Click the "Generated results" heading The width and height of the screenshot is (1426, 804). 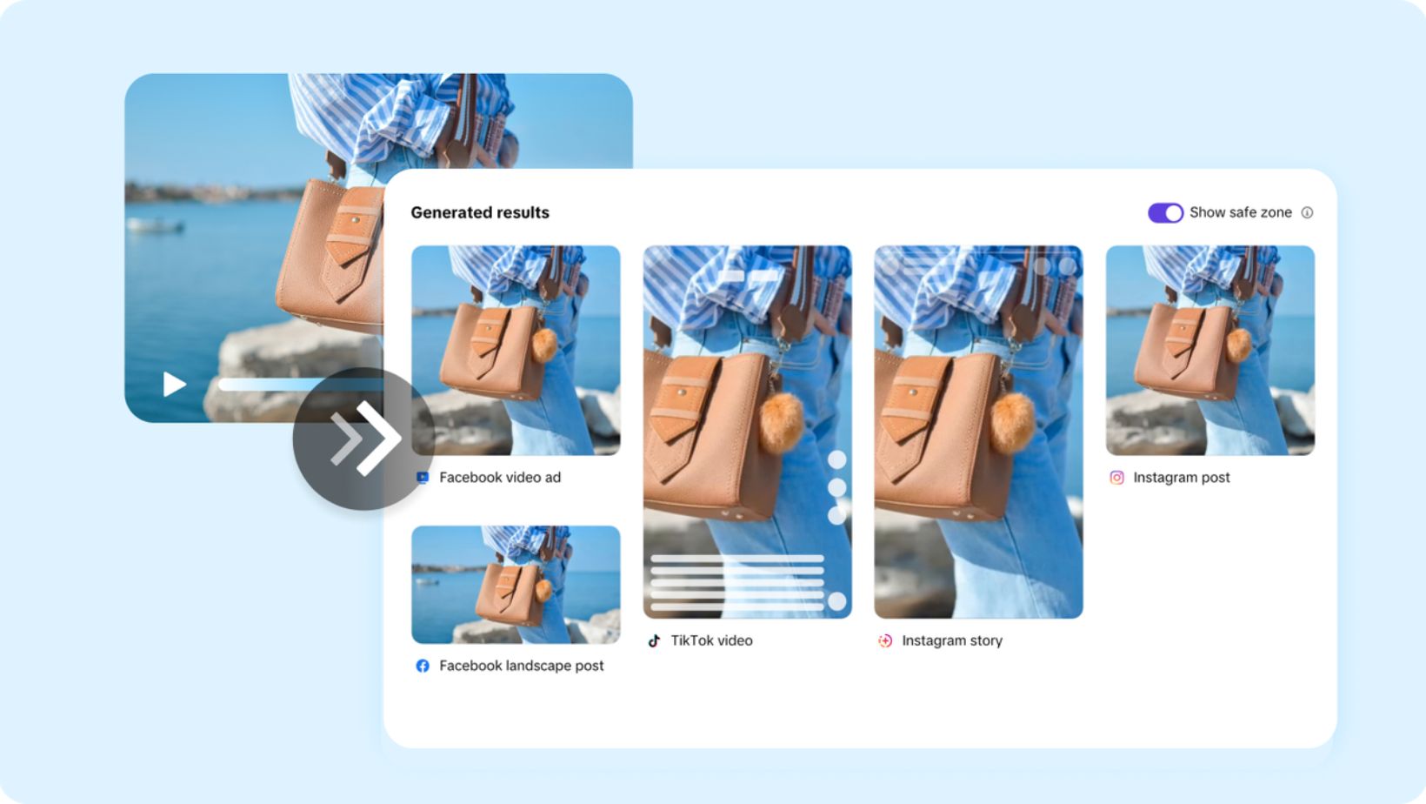coord(479,212)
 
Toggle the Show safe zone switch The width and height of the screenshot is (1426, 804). coord(1165,212)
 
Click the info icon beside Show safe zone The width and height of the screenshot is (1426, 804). coord(1307,212)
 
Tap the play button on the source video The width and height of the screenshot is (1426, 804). coord(174,384)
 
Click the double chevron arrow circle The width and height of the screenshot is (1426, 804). coord(363,439)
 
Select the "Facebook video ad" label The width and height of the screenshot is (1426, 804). coord(500,477)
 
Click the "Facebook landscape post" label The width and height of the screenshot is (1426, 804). coord(522,666)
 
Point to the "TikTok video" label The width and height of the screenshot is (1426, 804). coord(712,640)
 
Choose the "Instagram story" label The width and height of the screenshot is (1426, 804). coord(952,640)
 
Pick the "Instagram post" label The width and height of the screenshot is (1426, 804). coord(1182,477)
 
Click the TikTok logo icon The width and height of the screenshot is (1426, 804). coord(654,641)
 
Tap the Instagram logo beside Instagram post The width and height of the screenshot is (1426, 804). coord(1116,478)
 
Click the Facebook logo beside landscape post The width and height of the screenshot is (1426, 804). coord(422,666)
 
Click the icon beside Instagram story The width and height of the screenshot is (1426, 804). coord(885,641)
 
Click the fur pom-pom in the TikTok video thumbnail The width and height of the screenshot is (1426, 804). coord(781,421)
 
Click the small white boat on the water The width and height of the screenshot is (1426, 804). coord(156,224)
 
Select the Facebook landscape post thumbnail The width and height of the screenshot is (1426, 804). coord(516,584)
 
